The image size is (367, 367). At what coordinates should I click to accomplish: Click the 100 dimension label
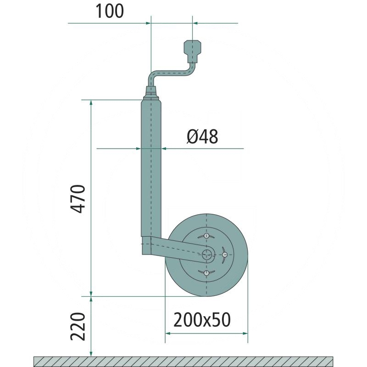click(x=110, y=11)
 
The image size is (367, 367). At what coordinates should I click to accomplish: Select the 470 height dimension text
click(x=78, y=199)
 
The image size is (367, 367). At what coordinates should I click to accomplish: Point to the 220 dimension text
click(x=78, y=327)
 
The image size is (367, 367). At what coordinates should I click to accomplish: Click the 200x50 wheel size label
click(x=202, y=320)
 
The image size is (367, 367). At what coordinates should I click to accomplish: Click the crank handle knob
click(x=192, y=51)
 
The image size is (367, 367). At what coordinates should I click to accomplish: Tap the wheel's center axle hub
click(x=206, y=255)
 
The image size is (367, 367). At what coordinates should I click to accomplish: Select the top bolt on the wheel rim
click(x=206, y=236)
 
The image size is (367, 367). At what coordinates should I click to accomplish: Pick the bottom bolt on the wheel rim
click(x=206, y=272)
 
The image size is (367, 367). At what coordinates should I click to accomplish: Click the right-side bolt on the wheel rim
click(x=225, y=255)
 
